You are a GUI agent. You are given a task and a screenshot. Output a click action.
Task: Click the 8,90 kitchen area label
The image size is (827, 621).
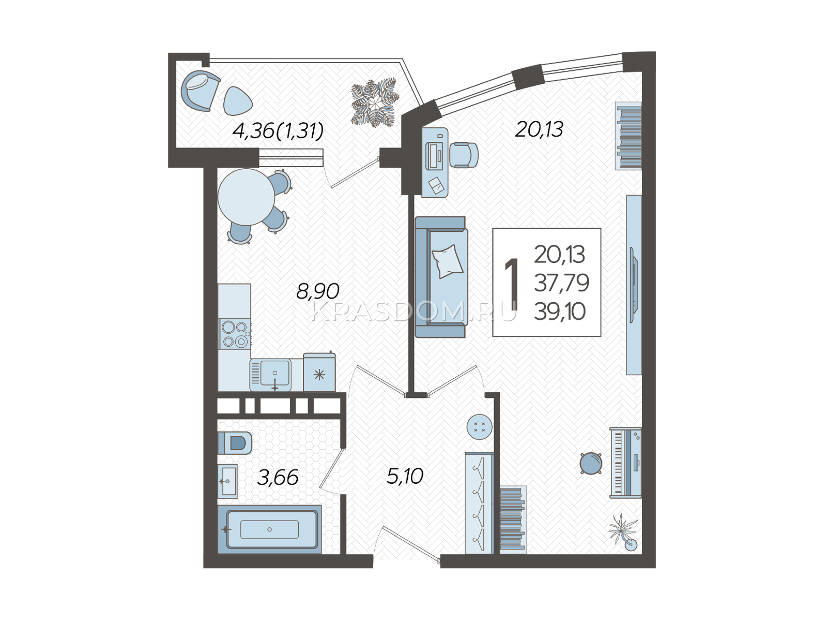317,291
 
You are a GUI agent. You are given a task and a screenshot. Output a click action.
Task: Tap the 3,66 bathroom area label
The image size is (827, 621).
278,478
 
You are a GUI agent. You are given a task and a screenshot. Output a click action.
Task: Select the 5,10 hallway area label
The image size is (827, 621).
405,476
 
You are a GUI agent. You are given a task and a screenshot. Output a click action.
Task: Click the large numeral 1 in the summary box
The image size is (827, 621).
511,284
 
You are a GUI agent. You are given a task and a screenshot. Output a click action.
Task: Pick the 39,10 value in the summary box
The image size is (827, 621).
560,312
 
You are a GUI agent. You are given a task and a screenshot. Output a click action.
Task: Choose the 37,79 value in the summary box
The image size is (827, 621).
561,283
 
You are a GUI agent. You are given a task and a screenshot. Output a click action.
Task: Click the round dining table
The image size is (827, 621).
246,197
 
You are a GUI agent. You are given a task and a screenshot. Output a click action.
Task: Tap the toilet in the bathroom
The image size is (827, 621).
235,442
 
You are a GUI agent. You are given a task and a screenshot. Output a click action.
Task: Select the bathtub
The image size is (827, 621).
270,529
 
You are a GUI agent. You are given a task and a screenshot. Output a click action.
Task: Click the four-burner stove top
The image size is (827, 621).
234,334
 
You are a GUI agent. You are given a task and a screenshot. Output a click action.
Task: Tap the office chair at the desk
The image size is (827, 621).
464,155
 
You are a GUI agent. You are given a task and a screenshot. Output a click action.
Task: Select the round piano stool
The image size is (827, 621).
591,463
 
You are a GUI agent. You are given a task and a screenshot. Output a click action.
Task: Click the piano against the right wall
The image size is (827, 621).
625,463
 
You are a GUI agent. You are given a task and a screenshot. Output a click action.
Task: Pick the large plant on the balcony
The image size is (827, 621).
375,102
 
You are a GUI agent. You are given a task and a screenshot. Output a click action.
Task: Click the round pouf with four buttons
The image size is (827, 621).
479,427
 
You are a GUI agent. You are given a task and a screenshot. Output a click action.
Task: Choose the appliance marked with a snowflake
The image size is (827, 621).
319,373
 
